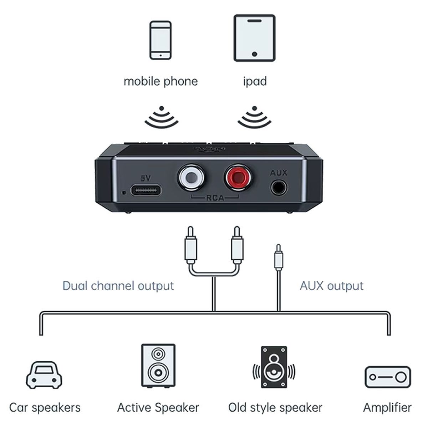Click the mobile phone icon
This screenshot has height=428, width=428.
[160, 40]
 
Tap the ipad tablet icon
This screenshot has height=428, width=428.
[254, 38]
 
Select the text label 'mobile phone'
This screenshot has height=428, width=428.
[160, 81]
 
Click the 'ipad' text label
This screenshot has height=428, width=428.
[255, 81]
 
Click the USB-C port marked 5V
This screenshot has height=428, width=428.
[146, 190]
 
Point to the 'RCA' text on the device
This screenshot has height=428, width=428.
[215, 198]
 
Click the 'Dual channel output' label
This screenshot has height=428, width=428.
[118, 286]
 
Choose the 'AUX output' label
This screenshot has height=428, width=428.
[332, 286]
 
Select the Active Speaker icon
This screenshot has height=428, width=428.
[158, 366]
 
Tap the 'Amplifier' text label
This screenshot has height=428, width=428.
[387, 407]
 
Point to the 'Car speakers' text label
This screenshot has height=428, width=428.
[45, 407]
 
